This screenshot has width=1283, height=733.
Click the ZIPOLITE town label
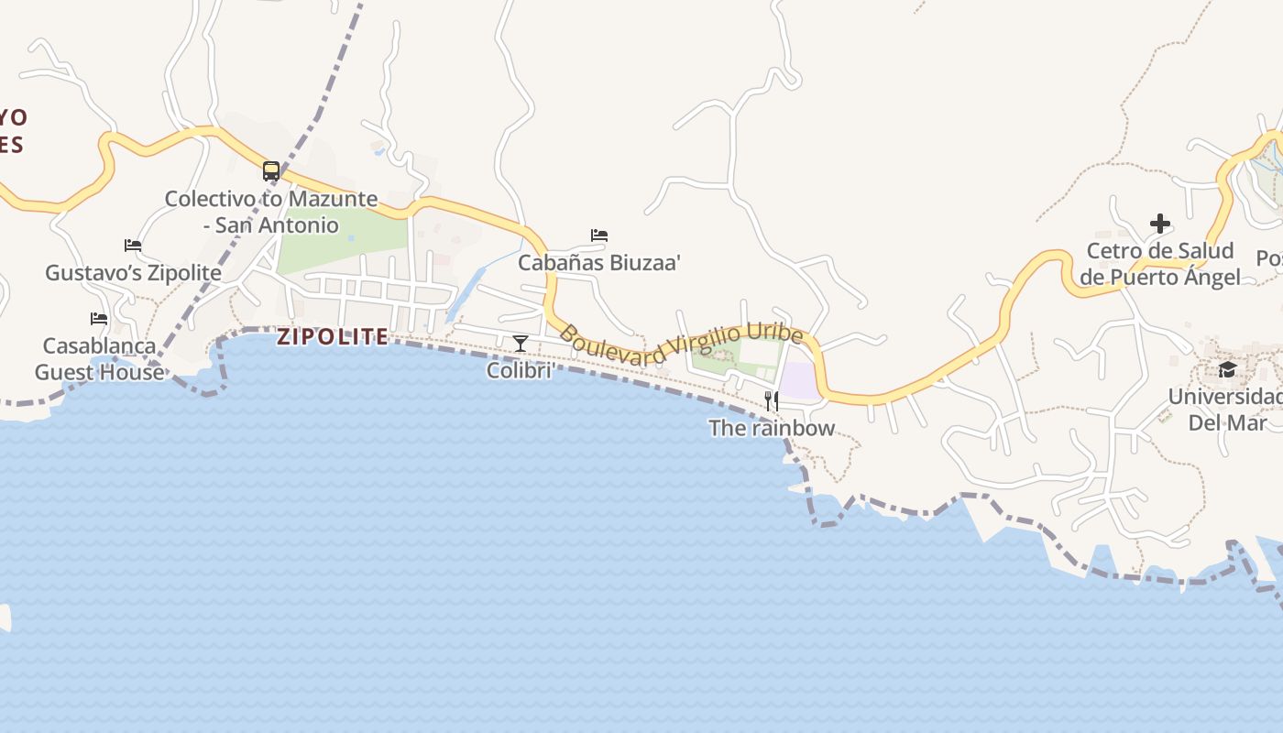[x=333, y=337]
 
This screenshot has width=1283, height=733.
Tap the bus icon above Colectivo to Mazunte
[x=270, y=170]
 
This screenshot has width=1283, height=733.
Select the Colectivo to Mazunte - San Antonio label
[x=270, y=212]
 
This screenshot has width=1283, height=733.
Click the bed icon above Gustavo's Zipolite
[x=133, y=246]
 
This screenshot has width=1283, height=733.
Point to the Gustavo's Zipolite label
[x=133, y=273]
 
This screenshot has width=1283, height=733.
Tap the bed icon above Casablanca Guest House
[x=99, y=319]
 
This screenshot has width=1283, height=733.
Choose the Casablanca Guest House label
[x=100, y=359]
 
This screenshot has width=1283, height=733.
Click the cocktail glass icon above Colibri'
[x=521, y=344]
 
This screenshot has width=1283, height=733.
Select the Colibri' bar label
[x=521, y=371]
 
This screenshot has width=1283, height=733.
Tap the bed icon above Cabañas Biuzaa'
[x=599, y=235]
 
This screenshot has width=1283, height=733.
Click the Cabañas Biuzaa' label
[x=599, y=263]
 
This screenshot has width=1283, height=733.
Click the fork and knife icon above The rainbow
[x=772, y=400]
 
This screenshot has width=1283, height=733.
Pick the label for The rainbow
[x=772, y=428]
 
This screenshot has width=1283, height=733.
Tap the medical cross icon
[x=1160, y=224]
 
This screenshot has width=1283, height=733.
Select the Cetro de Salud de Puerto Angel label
[x=1160, y=264]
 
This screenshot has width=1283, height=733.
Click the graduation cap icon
[x=1227, y=369]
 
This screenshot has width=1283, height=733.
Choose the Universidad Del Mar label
[x=1227, y=410]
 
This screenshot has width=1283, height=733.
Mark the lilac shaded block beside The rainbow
[x=799, y=380]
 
